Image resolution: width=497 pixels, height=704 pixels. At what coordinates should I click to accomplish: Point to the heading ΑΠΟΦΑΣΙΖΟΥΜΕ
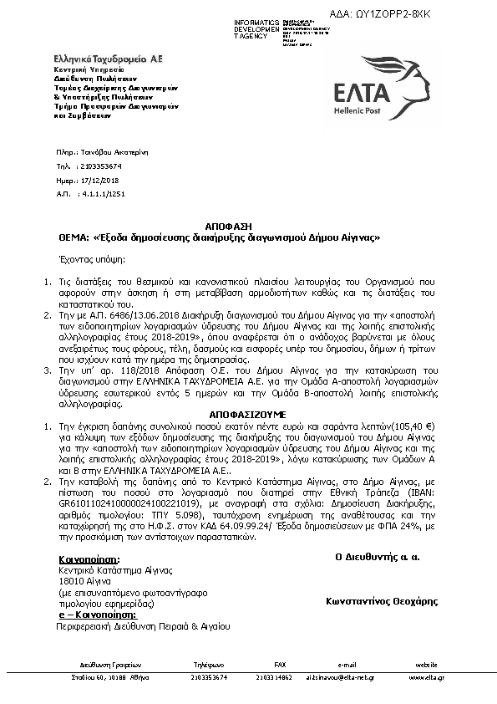[x=247, y=414]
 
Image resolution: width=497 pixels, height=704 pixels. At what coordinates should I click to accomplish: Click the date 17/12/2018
[x=99, y=180]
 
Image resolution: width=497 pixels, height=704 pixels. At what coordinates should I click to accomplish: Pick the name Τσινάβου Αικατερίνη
[x=117, y=154]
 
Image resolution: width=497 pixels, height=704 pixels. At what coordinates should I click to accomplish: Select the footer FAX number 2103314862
[x=280, y=677]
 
